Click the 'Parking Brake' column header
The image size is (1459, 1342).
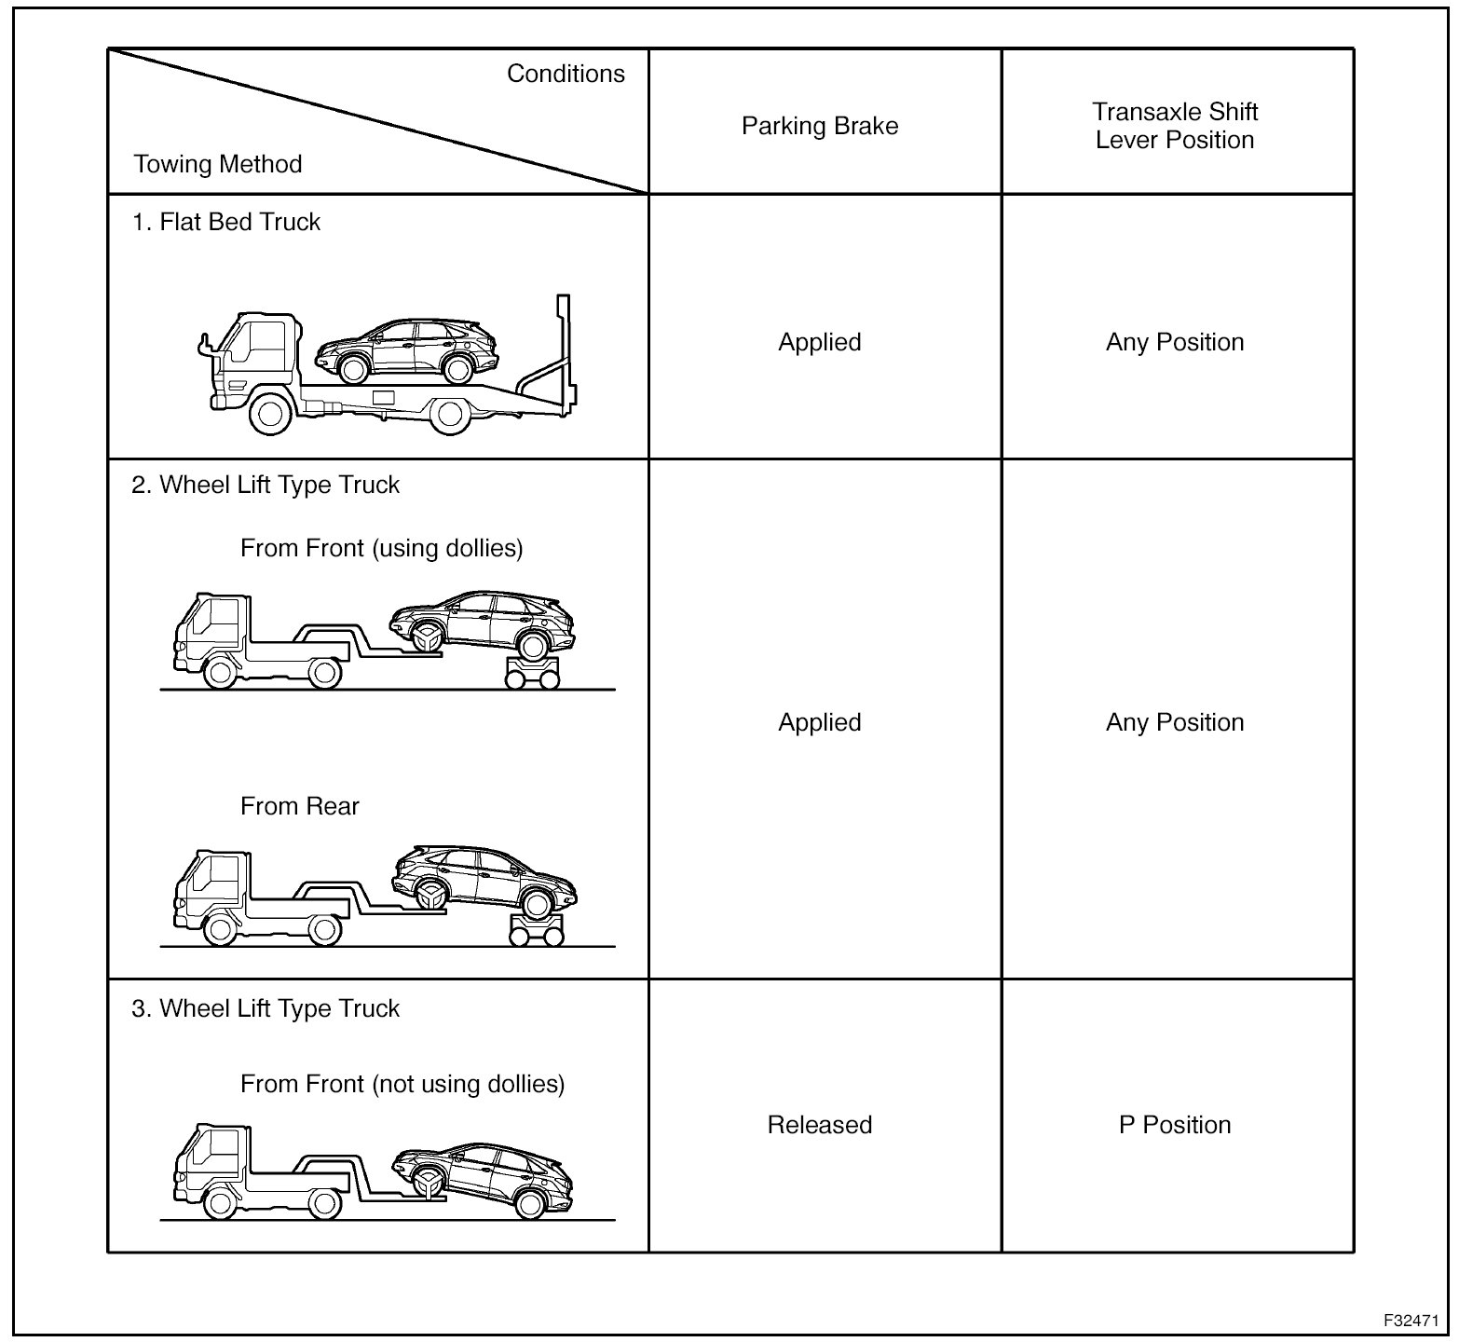(820, 127)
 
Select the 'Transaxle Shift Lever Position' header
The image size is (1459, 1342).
(1175, 126)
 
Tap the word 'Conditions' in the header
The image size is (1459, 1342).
(566, 75)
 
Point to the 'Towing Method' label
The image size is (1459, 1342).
(218, 165)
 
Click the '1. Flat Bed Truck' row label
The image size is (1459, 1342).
(226, 223)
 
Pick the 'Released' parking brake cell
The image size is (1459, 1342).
(820, 1125)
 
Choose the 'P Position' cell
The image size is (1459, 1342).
(1175, 1125)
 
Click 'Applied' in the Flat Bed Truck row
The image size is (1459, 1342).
(820, 342)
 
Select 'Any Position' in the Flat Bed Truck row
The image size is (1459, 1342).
(1175, 342)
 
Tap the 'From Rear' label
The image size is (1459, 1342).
(299, 806)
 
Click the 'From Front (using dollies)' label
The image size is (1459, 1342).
(382, 548)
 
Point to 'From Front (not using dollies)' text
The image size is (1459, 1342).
(402, 1084)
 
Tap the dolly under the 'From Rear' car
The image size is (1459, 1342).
(536, 929)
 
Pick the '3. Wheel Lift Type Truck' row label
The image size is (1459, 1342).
(266, 1009)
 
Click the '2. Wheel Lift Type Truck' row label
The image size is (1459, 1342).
(266, 486)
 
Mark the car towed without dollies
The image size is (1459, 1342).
(484, 1177)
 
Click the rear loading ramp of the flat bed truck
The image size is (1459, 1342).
(545, 373)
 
